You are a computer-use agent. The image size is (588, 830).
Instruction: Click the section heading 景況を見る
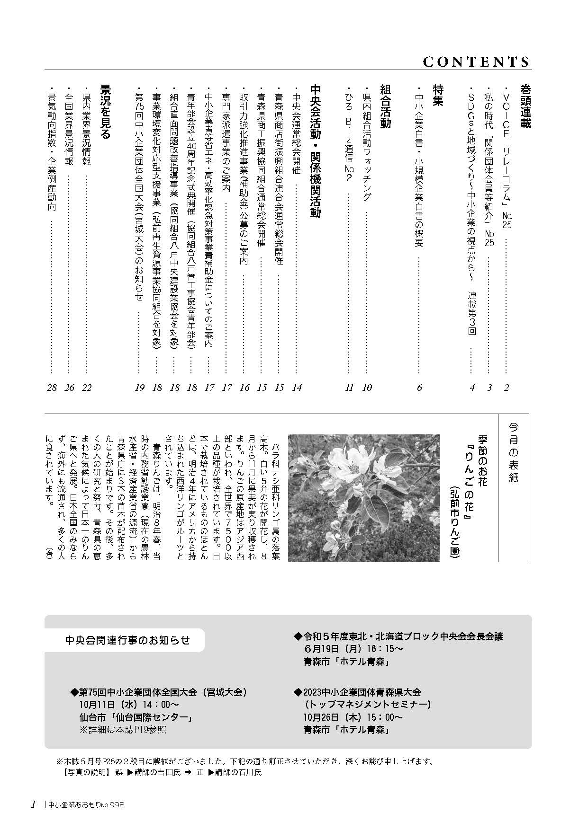pyautogui.click(x=105, y=112)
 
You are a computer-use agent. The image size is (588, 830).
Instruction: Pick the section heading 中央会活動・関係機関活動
pyautogui.click(x=315, y=151)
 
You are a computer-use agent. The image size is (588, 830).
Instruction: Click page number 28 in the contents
pyautogui.click(x=52, y=388)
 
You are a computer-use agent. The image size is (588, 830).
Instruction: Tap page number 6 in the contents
pyautogui.click(x=419, y=388)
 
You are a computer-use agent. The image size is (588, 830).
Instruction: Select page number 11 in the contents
pyautogui.click(x=349, y=388)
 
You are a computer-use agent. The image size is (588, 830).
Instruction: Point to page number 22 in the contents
pyautogui.click(x=87, y=388)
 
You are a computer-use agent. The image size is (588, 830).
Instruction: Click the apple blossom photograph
pyautogui.click(x=363, y=497)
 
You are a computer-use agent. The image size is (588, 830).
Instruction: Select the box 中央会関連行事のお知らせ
pyautogui.click(x=127, y=640)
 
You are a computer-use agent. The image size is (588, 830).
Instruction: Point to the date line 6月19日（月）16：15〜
pyautogui.click(x=353, y=648)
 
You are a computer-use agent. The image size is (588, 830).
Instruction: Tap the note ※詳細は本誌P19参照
pyautogui.click(x=123, y=729)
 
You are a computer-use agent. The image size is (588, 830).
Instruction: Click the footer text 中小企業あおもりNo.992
pyautogui.click(x=86, y=804)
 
